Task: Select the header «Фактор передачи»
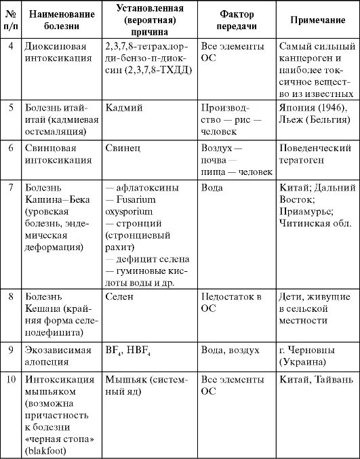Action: pos(237,21)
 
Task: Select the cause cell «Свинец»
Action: pos(122,147)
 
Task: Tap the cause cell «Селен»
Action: pos(120,296)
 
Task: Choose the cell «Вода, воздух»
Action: pos(230,351)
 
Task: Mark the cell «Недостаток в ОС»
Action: pos(231,302)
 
